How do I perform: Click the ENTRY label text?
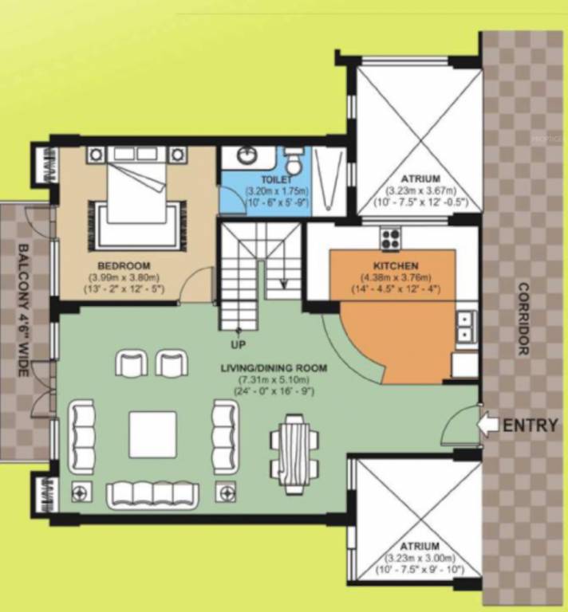point(530,425)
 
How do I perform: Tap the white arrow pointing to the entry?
point(487,425)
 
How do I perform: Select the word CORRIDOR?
point(523,319)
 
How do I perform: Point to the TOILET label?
point(259,180)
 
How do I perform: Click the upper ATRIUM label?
point(420,179)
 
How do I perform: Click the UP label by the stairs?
point(237,344)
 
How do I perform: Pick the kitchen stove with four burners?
point(391,237)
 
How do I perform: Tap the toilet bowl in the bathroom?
point(294,162)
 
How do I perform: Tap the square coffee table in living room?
point(153,434)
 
